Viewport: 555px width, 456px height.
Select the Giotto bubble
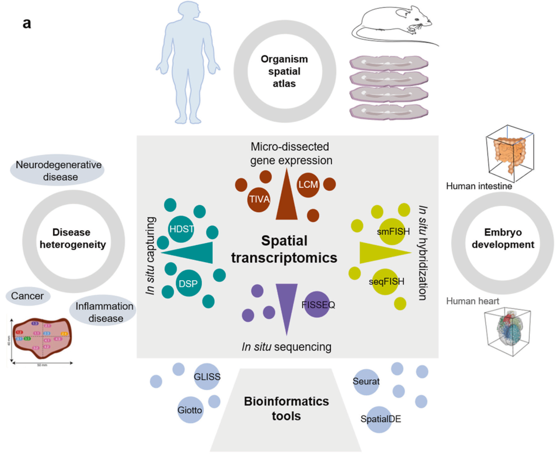[190, 410]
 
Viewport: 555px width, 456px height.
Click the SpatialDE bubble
[380, 418]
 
